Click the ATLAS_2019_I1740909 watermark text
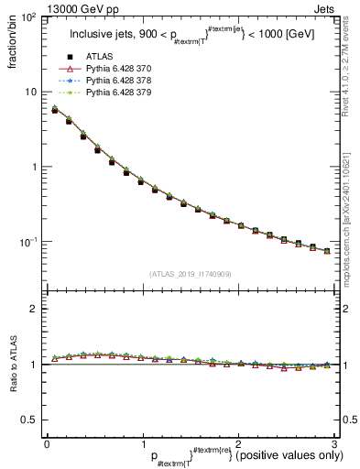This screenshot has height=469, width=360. click(190, 274)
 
